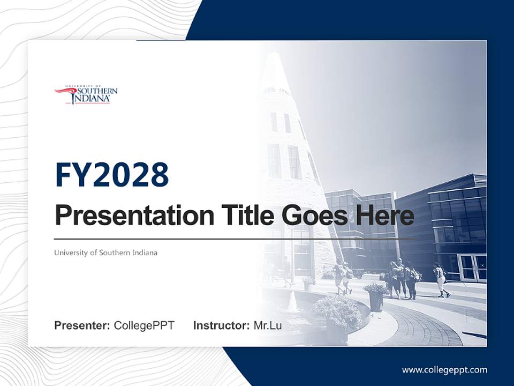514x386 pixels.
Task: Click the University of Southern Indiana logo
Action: click(x=86, y=94)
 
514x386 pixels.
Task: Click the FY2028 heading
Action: click(x=112, y=175)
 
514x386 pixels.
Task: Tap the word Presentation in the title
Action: click(x=134, y=215)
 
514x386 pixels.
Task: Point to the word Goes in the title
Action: click(x=315, y=216)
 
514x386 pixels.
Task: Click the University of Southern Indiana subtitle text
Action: click(x=105, y=253)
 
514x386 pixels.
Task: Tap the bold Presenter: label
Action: click(x=82, y=325)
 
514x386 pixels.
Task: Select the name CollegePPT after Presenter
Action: click(x=144, y=325)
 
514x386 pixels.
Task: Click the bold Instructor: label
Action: click(x=222, y=325)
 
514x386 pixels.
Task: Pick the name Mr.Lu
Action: click(x=268, y=325)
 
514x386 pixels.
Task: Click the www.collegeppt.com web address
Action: click(x=444, y=370)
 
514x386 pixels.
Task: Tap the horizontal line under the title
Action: click(x=235, y=239)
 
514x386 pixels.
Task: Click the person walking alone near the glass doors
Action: click(x=441, y=280)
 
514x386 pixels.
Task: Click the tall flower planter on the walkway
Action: click(x=375, y=297)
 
